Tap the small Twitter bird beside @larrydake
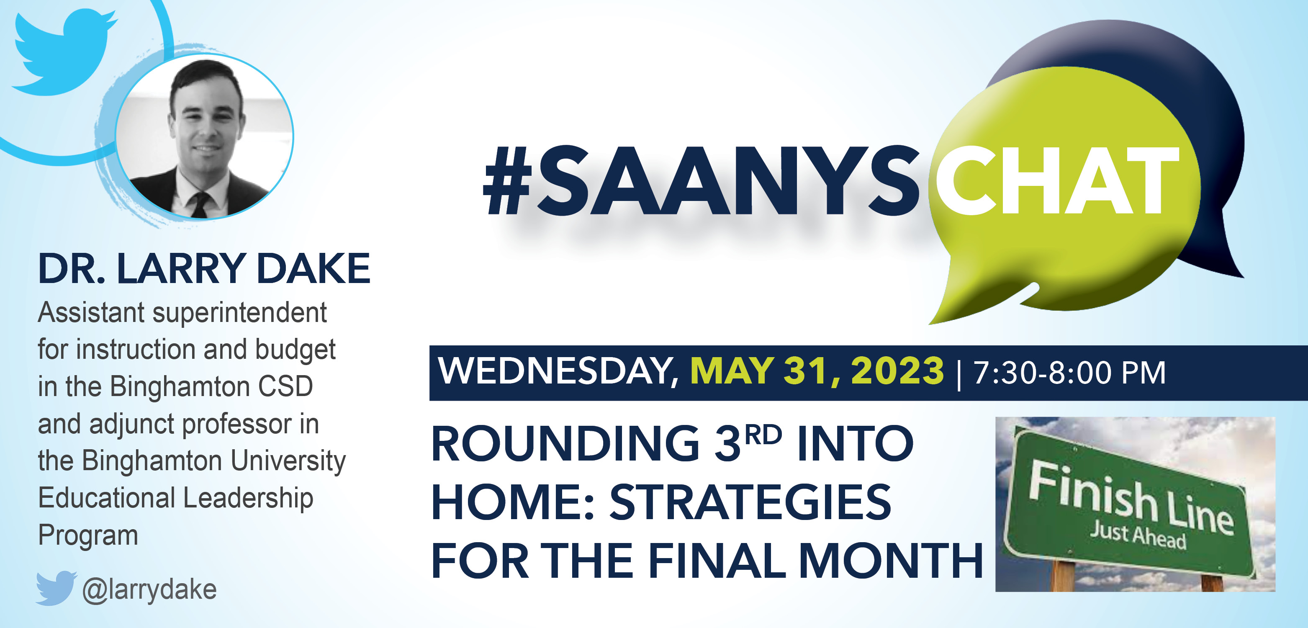(56, 588)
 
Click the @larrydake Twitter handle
(149, 590)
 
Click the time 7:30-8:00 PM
(1069, 373)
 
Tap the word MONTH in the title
(891, 561)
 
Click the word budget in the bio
(295, 350)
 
